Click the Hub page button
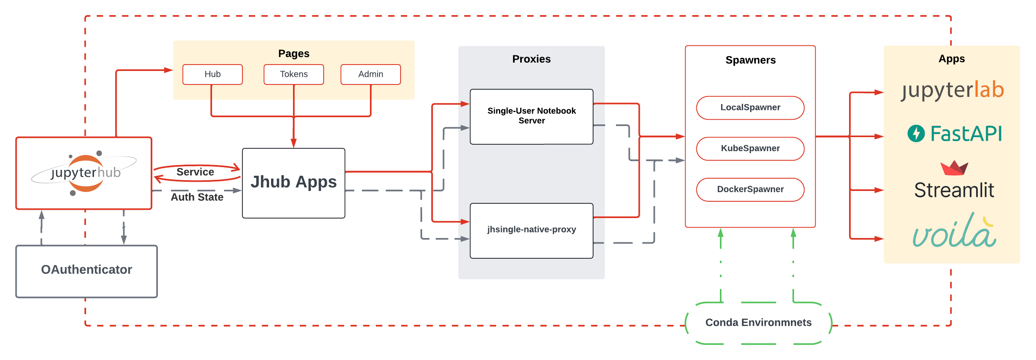pos(212,75)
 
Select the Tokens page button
pos(294,75)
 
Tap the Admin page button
pos(370,75)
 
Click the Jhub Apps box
pos(293,183)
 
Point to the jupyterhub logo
pos(85,173)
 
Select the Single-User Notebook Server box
pos(531,116)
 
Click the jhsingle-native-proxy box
pos(531,230)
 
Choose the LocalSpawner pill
pos(750,108)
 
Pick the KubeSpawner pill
pos(750,149)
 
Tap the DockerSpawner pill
pos(750,189)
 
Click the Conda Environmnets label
pos(758,323)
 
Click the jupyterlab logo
pos(952,90)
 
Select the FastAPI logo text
pos(965,134)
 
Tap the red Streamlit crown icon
pos(954,168)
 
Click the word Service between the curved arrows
pos(195,172)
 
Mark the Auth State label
pos(197,197)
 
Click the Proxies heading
pos(531,59)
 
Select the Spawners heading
pos(750,60)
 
